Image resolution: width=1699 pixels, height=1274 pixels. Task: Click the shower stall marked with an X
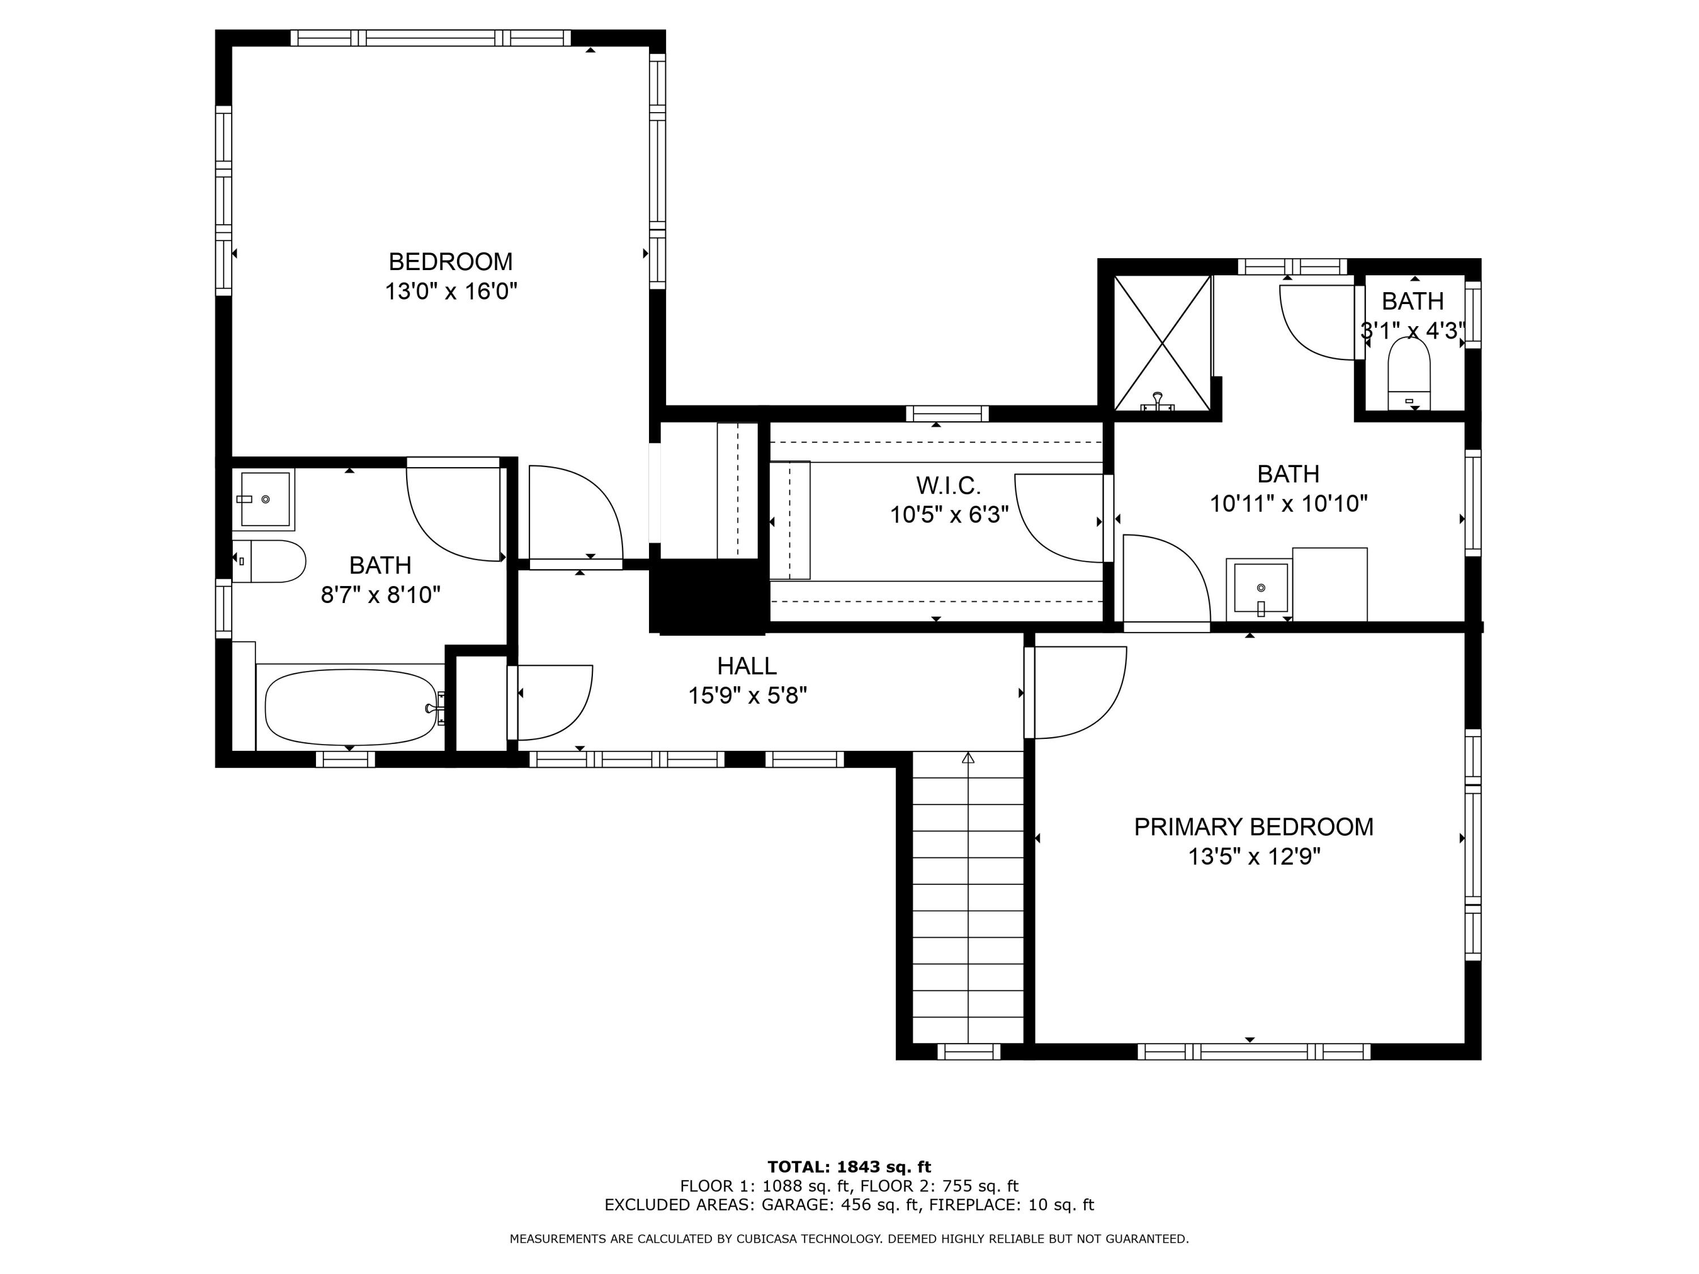click(x=1162, y=343)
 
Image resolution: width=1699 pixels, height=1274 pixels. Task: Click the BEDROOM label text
click(x=450, y=262)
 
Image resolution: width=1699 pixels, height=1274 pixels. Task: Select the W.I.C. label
click(x=948, y=485)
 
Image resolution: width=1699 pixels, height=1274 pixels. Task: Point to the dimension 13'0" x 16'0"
click(x=450, y=292)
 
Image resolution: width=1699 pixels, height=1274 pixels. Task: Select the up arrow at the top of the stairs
click(x=968, y=758)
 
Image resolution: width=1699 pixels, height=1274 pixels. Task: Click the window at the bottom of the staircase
click(x=968, y=1051)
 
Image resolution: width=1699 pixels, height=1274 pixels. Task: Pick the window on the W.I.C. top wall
click(x=947, y=414)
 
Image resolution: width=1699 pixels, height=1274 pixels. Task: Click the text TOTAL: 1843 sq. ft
click(x=849, y=1167)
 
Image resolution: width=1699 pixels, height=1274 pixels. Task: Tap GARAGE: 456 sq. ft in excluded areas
click(x=839, y=1204)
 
